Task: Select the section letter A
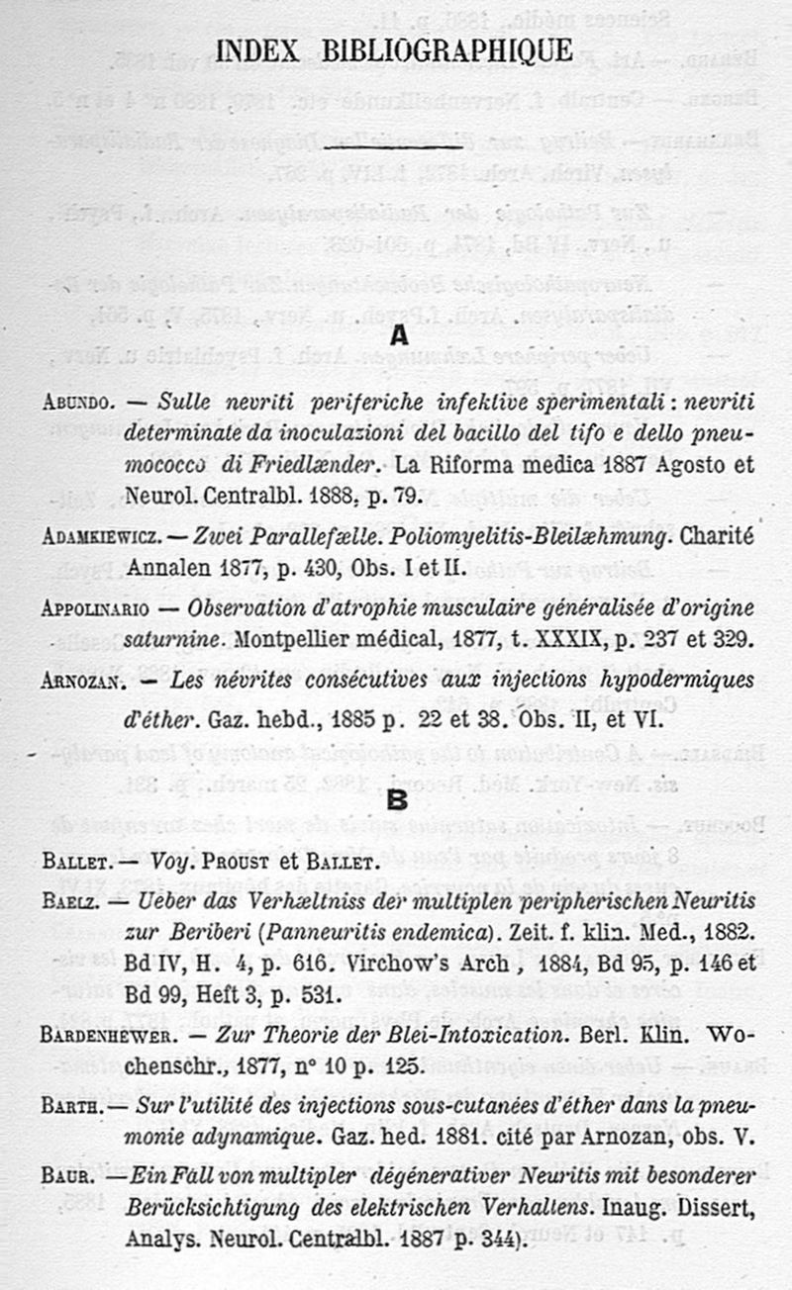point(398,336)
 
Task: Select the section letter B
point(397,799)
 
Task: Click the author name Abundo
point(80,405)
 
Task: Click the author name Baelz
point(68,900)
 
